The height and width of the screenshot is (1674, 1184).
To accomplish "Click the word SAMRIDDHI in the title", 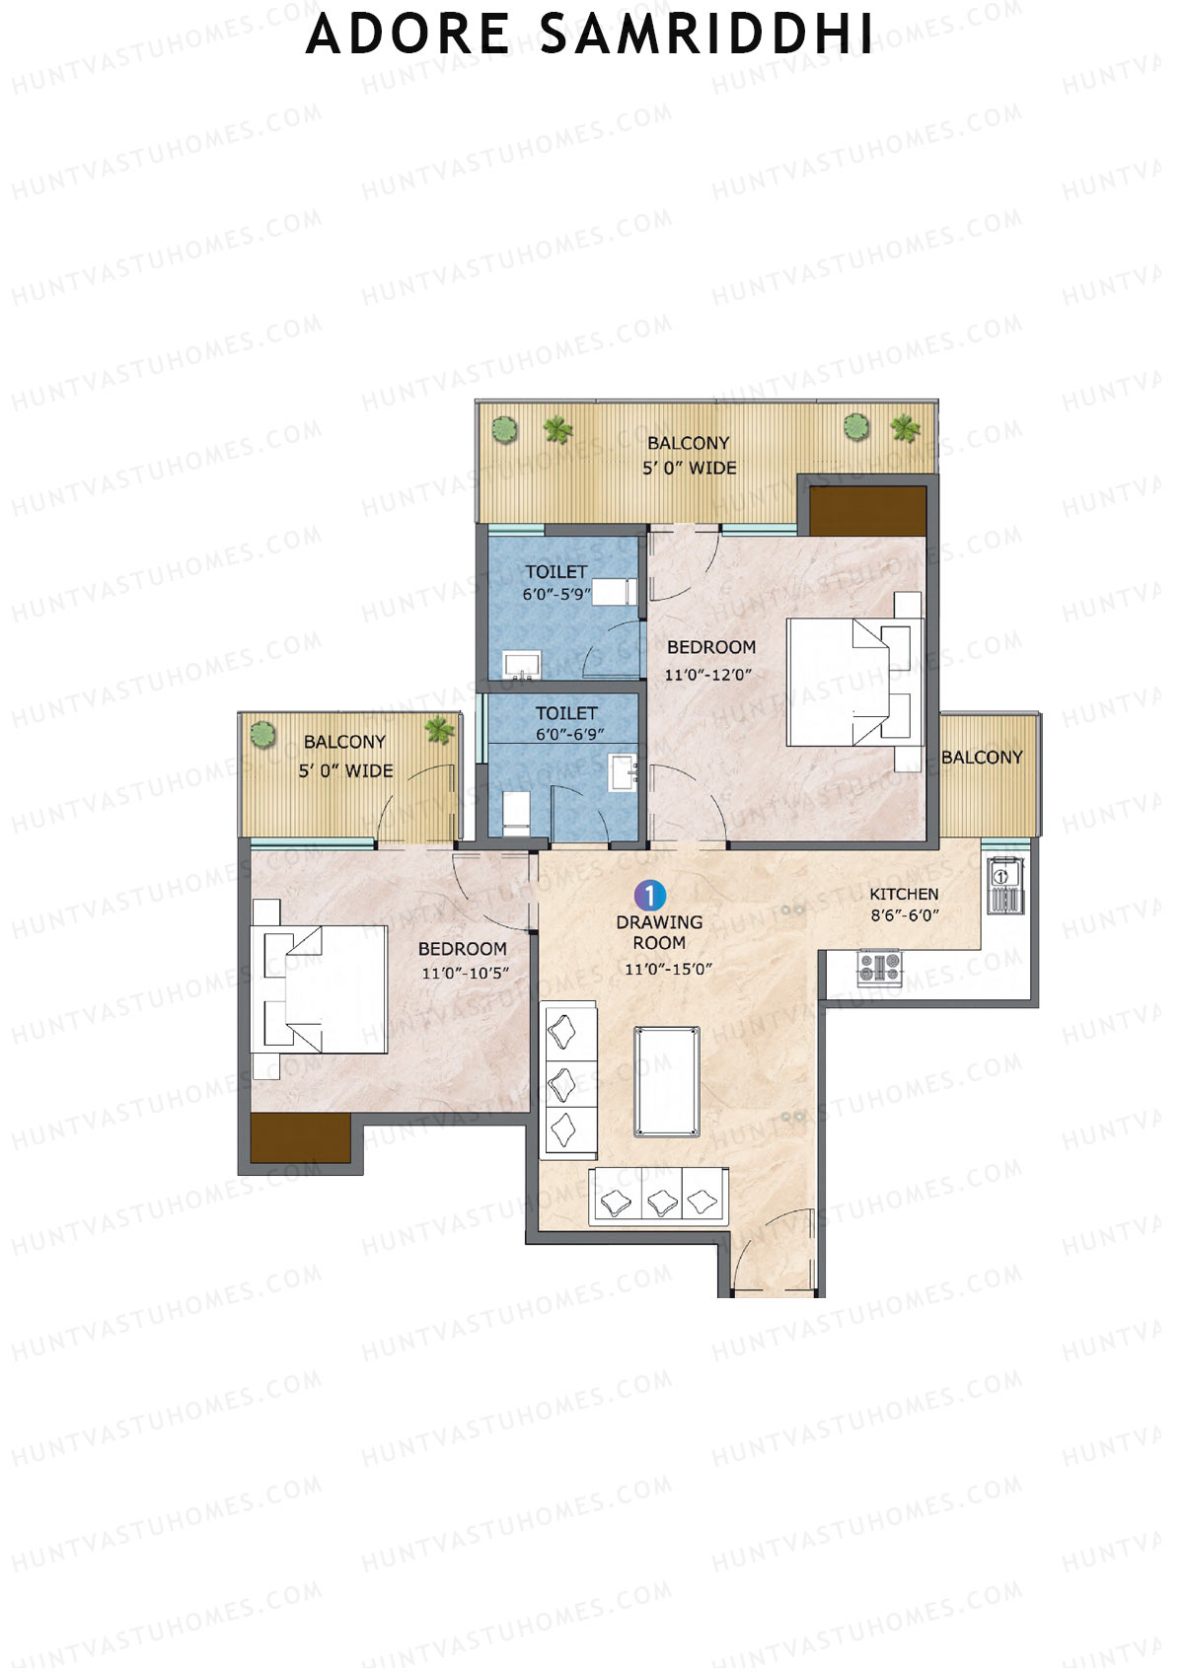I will (x=706, y=34).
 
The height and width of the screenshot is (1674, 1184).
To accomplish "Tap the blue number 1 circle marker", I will (x=650, y=896).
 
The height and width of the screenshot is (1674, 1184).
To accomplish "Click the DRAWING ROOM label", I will (x=659, y=932).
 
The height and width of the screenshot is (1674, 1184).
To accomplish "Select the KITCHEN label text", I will (x=904, y=894).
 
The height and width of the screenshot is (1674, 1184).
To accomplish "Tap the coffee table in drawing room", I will (x=668, y=1081).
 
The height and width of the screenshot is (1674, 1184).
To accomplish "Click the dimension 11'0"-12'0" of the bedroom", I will (x=708, y=676).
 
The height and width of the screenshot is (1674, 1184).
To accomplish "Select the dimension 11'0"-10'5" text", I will (x=465, y=974).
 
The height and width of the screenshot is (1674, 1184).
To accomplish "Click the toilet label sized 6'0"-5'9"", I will (x=555, y=572).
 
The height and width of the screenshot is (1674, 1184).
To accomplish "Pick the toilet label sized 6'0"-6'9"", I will (x=566, y=713).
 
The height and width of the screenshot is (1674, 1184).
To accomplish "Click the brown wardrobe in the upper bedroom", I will (x=867, y=510).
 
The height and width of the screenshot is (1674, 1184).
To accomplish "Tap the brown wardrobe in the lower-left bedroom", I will (x=300, y=1138).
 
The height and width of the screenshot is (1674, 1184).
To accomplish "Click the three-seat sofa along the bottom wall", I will (x=658, y=1198).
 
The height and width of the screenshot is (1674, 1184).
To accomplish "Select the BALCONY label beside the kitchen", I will (x=982, y=758).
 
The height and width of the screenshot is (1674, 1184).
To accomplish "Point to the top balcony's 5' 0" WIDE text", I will (x=690, y=469).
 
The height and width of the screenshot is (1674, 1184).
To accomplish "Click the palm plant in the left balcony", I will (x=439, y=730).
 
